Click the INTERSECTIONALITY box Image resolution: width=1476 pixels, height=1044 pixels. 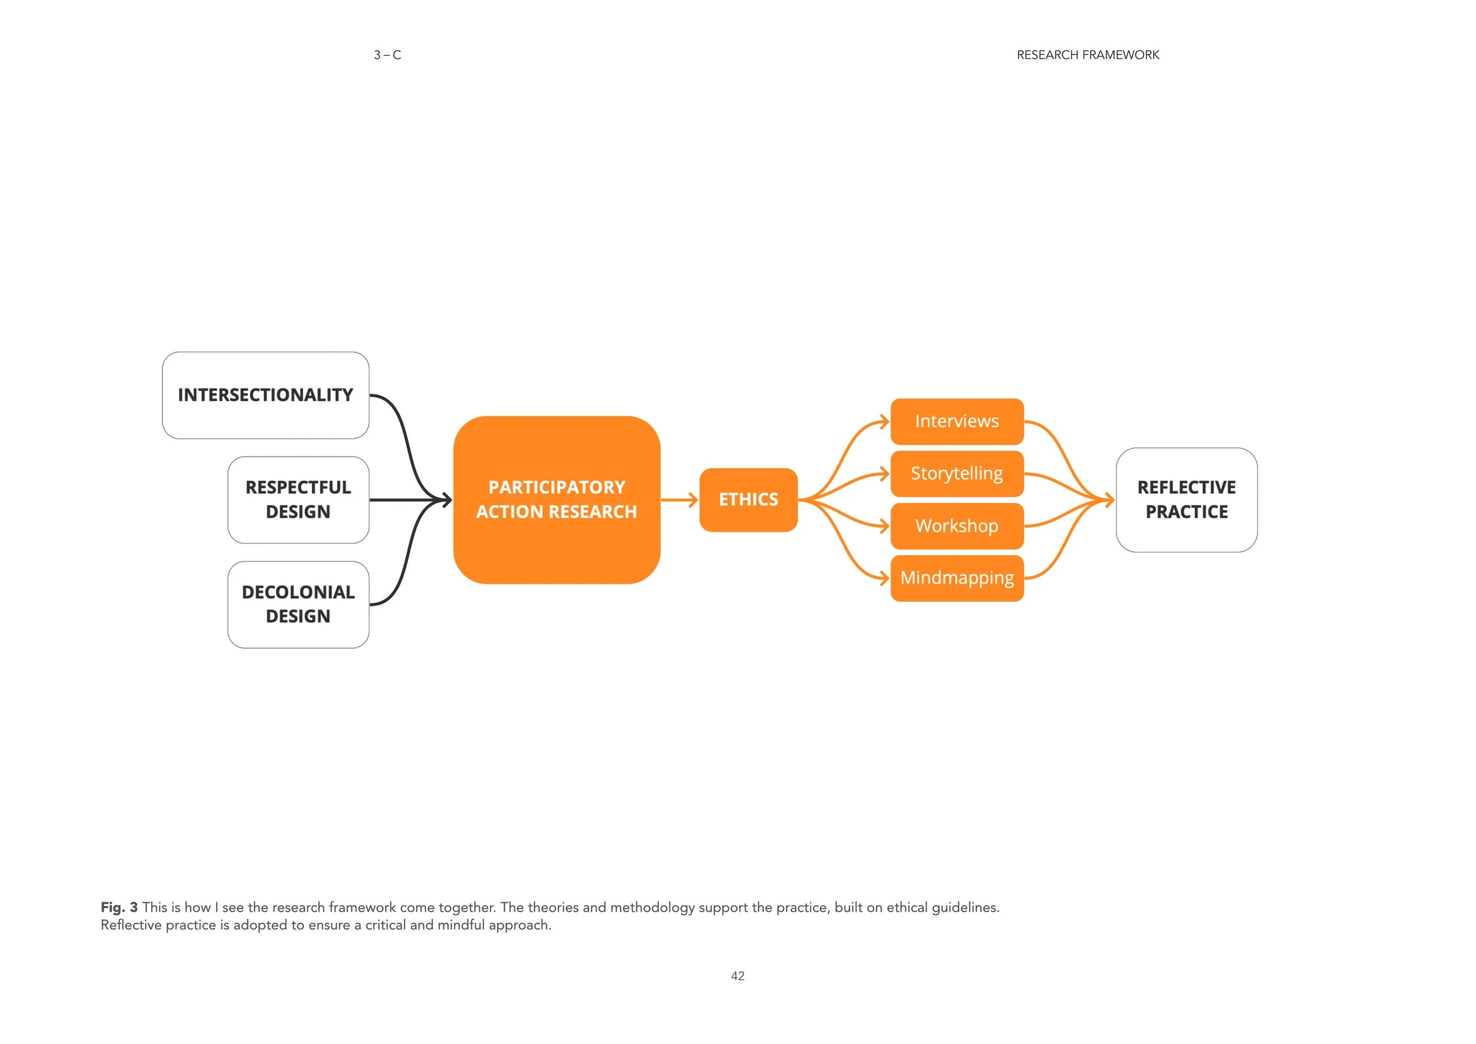pyautogui.click(x=266, y=396)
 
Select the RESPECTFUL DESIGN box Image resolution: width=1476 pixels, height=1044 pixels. pyautogui.click(x=298, y=500)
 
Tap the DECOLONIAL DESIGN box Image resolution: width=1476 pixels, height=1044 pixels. pyautogui.click(x=298, y=605)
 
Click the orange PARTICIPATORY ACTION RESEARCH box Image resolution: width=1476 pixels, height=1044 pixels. pyautogui.click(x=557, y=500)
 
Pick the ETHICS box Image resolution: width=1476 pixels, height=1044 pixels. pyautogui.click(x=748, y=500)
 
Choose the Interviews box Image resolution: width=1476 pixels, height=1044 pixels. pyautogui.click(x=957, y=422)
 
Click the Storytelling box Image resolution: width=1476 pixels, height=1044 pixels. pyautogui.click(x=957, y=474)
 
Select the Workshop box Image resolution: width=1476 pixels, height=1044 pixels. pyautogui.click(x=957, y=527)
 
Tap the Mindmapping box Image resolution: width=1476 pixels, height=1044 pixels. pyautogui.click(x=957, y=579)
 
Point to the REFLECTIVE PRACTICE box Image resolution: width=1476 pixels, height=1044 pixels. pyautogui.click(x=1187, y=500)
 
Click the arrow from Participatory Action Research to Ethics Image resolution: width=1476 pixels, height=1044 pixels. pyautogui.click(x=680, y=500)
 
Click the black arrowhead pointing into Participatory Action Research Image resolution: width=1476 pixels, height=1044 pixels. pyautogui.click(x=446, y=500)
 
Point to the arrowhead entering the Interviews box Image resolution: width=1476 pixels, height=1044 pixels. pyautogui.click(x=884, y=422)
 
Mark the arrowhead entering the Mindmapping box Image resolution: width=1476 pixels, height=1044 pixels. pyautogui.click(x=884, y=579)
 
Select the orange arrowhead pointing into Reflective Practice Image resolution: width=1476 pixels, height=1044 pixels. pyautogui.click(x=1109, y=500)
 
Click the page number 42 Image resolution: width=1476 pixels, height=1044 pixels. pyautogui.click(x=738, y=976)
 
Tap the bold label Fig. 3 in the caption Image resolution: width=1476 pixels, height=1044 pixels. pyautogui.click(x=119, y=907)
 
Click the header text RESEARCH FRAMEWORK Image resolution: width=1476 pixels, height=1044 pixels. pyautogui.click(x=1088, y=56)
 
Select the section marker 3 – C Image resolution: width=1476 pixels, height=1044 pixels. pyautogui.click(x=388, y=56)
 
